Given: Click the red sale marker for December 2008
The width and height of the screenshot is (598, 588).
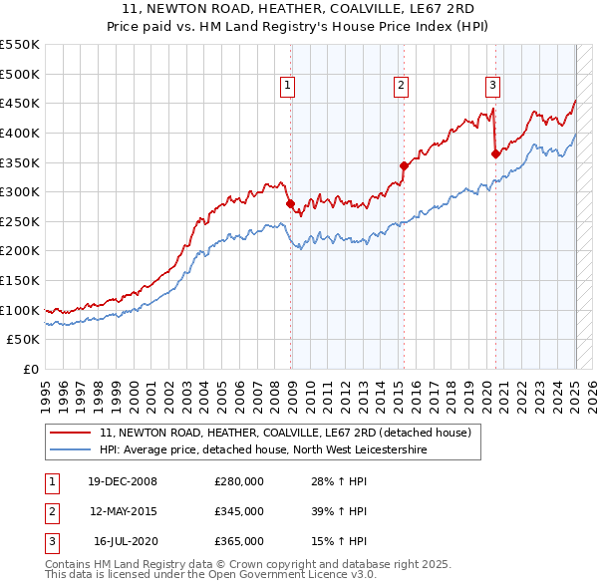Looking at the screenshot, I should (290, 204).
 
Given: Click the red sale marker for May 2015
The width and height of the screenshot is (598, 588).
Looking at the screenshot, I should (404, 165).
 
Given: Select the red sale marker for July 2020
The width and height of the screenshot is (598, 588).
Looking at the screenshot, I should (495, 153).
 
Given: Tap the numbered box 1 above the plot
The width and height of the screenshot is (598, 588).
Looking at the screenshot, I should (287, 86).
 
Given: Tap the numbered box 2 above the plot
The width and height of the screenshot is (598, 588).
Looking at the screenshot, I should (401, 86).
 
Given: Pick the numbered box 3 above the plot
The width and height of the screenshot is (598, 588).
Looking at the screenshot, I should (492, 86).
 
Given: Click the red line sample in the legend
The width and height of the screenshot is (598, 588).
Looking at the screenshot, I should (71, 434).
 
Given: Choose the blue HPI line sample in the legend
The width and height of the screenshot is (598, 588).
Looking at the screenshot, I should (71, 450).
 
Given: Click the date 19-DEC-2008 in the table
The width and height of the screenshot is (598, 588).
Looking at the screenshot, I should (123, 481).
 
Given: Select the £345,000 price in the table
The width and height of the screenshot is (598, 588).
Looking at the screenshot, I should (239, 511).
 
